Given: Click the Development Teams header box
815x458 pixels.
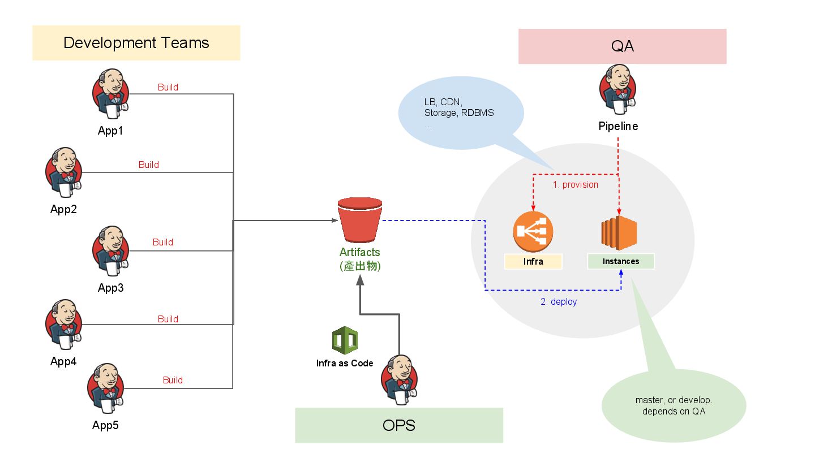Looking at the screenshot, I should (136, 43).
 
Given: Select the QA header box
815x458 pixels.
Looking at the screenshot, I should (622, 46).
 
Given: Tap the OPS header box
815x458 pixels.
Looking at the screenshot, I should (399, 425).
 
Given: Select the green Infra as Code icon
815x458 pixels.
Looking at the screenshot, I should (345, 340).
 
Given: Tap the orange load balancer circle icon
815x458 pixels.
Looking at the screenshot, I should (533, 232).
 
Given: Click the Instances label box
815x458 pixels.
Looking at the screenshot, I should (621, 261).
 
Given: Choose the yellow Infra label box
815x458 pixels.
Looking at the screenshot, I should (533, 261).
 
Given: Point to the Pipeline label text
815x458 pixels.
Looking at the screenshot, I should (618, 126).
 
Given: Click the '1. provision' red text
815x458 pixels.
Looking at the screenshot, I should (576, 184).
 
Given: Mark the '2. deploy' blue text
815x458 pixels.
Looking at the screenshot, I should (559, 301).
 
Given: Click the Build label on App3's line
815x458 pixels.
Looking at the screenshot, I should (163, 242).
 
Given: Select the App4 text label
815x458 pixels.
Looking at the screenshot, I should (63, 361).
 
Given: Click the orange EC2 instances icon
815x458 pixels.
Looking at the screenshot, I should (619, 232).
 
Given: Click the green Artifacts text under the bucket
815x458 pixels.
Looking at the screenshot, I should (360, 253).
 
